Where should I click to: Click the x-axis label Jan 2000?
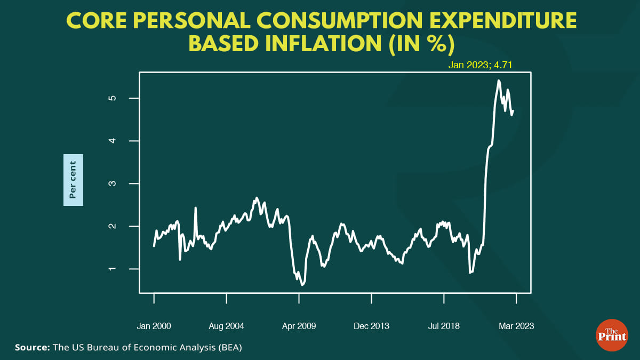(x=154, y=326)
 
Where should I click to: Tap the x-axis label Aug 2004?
(x=226, y=326)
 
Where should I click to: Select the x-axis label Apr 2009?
(x=299, y=326)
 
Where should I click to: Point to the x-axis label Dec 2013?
(x=371, y=326)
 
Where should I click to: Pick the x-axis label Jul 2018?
(x=444, y=326)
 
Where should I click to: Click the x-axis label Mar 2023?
(x=516, y=326)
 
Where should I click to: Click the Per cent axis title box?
(x=73, y=179)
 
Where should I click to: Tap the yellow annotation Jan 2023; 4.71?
(x=480, y=66)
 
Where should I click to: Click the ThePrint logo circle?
(x=611, y=335)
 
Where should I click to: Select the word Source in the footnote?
(x=31, y=348)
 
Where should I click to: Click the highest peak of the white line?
(x=498, y=81)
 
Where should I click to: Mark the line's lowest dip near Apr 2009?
(x=302, y=285)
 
